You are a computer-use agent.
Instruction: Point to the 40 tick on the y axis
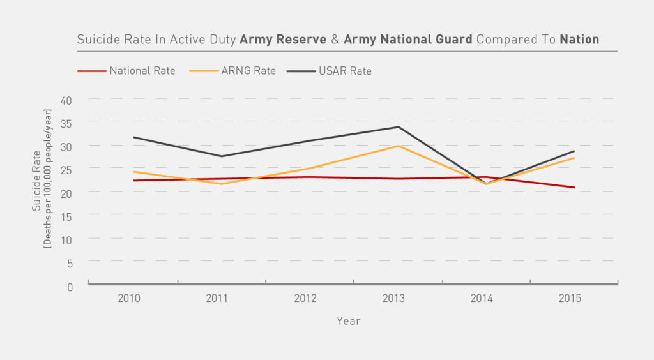(x=67, y=100)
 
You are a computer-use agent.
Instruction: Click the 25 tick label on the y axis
(x=67, y=169)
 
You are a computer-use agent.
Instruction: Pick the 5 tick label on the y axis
(x=70, y=262)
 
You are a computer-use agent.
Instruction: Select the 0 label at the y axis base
(x=70, y=287)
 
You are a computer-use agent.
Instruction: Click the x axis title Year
(x=349, y=321)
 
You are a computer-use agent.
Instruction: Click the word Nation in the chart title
(x=579, y=40)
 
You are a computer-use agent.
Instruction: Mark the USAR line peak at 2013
(x=398, y=126)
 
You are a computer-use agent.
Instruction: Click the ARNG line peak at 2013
(x=398, y=146)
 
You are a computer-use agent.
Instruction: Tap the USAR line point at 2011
(x=222, y=156)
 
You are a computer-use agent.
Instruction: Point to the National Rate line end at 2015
(x=574, y=187)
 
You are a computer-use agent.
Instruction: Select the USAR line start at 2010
(x=133, y=137)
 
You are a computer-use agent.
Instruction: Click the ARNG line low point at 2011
(x=222, y=184)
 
